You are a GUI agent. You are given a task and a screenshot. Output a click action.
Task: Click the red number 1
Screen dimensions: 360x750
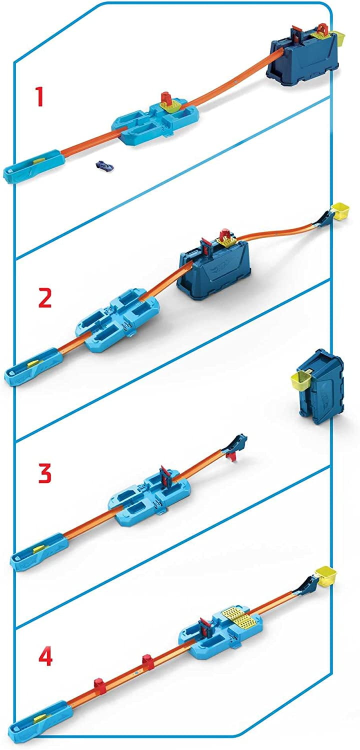coord(40,97)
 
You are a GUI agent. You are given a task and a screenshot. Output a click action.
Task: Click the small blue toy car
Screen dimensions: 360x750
coord(104,165)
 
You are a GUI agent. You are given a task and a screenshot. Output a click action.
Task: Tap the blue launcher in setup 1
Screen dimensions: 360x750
coord(33,166)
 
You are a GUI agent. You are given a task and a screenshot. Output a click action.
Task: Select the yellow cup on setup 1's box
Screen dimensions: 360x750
coord(338,38)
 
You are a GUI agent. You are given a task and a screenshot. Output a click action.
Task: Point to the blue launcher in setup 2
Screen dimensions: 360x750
coord(34,367)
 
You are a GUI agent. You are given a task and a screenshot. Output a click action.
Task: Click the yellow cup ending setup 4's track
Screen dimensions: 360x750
coord(326,575)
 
